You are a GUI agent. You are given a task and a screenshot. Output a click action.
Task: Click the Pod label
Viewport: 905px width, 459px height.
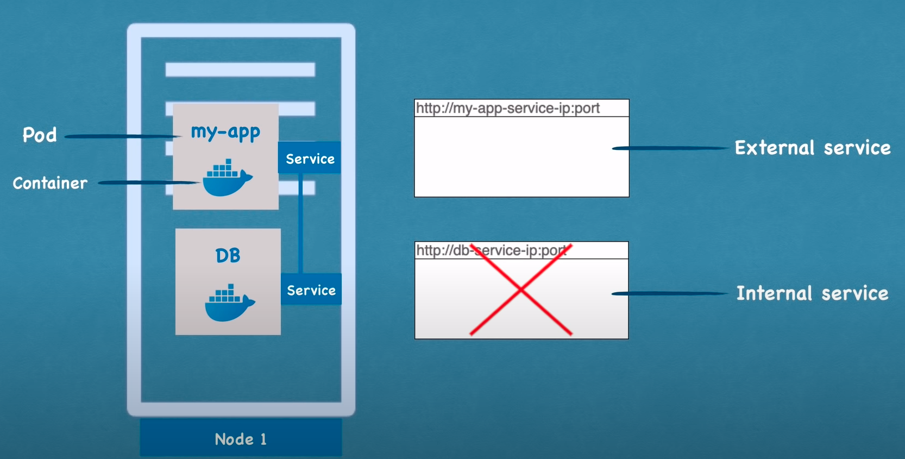click(x=40, y=135)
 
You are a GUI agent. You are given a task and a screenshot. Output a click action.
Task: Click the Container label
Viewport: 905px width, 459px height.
click(x=50, y=183)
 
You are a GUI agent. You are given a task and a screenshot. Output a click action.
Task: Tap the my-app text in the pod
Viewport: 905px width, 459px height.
click(x=225, y=132)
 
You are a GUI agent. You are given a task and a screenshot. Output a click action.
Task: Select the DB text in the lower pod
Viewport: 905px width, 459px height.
click(x=228, y=255)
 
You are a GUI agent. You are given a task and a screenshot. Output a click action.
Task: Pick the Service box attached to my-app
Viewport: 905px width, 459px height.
click(x=310, y=158)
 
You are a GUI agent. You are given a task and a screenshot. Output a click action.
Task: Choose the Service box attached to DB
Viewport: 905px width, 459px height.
click(x=311, y=290)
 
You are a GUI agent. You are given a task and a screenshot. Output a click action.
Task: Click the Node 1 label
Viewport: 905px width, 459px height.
click(x=241, y=439)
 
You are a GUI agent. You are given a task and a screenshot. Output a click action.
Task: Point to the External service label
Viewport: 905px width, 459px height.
click(x=813, y=148)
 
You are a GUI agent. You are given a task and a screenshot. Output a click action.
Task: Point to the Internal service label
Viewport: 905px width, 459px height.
click(x=812, y=293)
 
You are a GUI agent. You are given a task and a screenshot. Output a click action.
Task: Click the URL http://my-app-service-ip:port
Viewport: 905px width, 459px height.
click(x=508, y=108)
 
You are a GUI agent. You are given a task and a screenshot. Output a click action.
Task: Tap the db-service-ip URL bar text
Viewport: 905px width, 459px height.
click(x=491, y=250)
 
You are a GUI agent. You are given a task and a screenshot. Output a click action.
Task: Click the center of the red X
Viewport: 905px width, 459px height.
click(x=521, y=290)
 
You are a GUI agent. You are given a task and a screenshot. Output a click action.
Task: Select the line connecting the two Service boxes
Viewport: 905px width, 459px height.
click(x=300, y=223)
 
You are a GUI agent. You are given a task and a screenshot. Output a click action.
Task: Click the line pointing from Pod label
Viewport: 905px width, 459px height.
click(x=122, y=136)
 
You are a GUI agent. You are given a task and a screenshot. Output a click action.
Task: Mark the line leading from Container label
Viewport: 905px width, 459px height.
click(x=149, y=183)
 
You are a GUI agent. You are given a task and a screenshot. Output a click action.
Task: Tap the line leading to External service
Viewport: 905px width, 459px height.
click(x=671, y=148)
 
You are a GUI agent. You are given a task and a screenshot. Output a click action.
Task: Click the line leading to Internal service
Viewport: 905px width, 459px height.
click(x=670, y=294)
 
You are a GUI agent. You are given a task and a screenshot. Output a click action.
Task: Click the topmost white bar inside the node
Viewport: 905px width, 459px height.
click(x=241, y=70)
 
